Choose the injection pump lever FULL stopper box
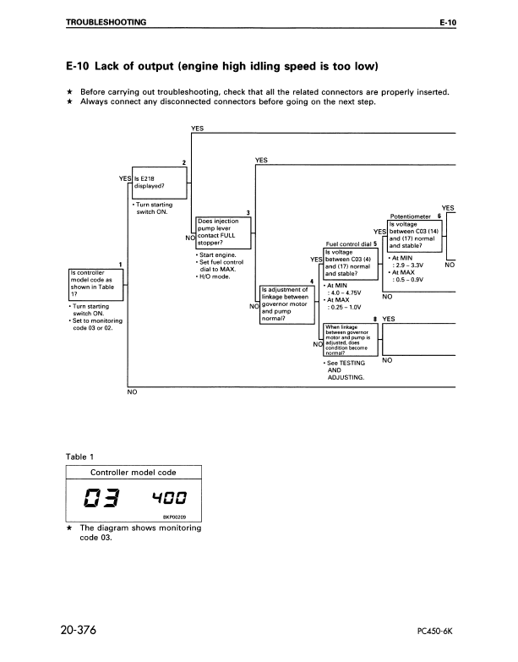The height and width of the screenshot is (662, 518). pos(223,232)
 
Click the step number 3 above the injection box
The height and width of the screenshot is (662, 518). pos(248,212)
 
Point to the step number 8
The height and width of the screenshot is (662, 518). pos(374,319)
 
